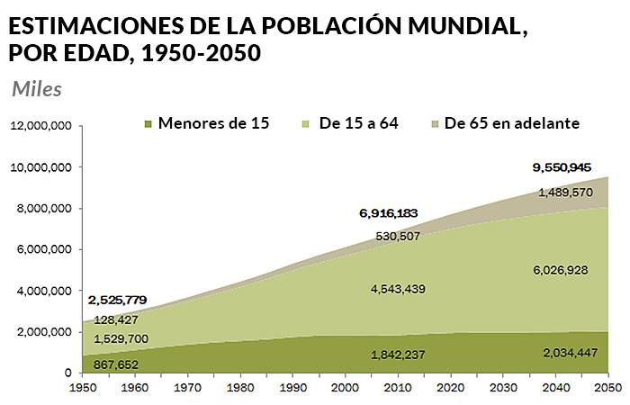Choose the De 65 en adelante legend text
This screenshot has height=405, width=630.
pyautogui.click(x=511, y=122)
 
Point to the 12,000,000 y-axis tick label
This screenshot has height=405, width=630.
pyautogui.click(x=40, y=127)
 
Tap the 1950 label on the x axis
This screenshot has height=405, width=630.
pyautogui.click(x=82, y=388)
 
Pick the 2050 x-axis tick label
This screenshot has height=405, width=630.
pyautogui.click(x=607, y=388)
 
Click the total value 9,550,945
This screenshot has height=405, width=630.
pyautogui.click(x=562, y=167)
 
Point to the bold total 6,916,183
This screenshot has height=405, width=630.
pyautogui.click(x=388, y=213)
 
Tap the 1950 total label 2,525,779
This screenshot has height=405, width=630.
pyautogui.click(x=118, y=300)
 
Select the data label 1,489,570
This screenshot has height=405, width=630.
pyautogui.click(x=566, y=192)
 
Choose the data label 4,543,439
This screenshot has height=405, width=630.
pyautogui.click(x=397, y=289)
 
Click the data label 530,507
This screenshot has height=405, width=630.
pyautogui.click(x=397, y=236)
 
